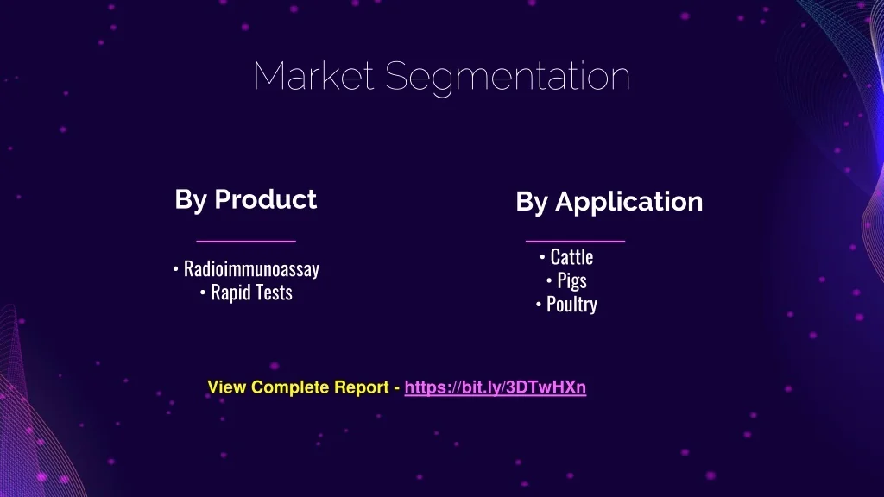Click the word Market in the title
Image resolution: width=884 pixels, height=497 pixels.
click(x=313, y=76)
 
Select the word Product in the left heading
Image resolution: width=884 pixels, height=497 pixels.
click(x=266, y=199)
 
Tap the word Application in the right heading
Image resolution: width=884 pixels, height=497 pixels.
click(x=629, y=202)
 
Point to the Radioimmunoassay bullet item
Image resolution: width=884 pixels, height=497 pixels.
click(x=251, y=269)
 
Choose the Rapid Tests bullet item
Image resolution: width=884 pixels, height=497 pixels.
click(x=251, y=292)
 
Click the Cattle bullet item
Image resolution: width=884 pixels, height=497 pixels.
click(x=571, y=257)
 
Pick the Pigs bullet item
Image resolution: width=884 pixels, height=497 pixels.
click(x=571, y=280)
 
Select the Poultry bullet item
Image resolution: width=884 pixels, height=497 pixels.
click(x=571, y=305)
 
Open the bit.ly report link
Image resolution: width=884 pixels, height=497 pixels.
click(x=495, y=387)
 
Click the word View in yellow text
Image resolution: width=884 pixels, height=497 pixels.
click(x=227, y=387)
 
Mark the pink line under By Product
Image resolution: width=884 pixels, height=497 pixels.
click(x=246, y=242)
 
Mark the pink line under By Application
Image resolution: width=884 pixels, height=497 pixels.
click(x=575, y=242)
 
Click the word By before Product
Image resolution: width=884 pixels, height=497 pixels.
click(x=191, y=200)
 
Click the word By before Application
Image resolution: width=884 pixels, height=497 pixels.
click(x=532, y=203)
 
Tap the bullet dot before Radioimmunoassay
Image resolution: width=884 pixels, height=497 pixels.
click(x=176, y=269)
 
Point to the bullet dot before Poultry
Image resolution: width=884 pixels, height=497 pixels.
click(x=539, y=305)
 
